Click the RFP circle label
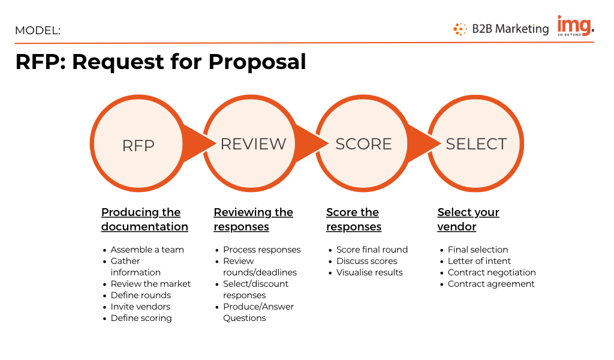pyautogui.click(x=139, y=146)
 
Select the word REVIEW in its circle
pyautogui.click(x=254, y=144)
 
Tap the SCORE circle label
pyautogui.click(x=363, y=144)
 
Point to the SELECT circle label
pyautogui.click(x=476, y=144)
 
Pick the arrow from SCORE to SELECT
pyautogui.click(x=424, y=143)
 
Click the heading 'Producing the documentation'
pyautogui.click(x=145, y=220)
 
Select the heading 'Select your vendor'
pyautogui.click(x=468, y=220)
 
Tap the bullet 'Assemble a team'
pyautogui.click(x=147, y=250)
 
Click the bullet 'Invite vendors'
pyautogui.click(x=140, y=307)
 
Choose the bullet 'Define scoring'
pyautogui.click(x=141, y=318)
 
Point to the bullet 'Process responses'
pyautogui.click(x=261, y=250)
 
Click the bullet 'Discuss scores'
pyautogui.click(x=366, y=261)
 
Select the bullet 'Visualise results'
pyautogui.click(x=369, y=272)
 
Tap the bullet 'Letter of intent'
pyautogui.click(x=479, y=261)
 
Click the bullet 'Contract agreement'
pyautogui.click(x=491, y=284)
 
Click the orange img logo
pyautogui.click(x=576, y=26)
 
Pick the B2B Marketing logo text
pyautogui.click(x=510, y=29)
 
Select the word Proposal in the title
pyautogui.click(x=257, y=62)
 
